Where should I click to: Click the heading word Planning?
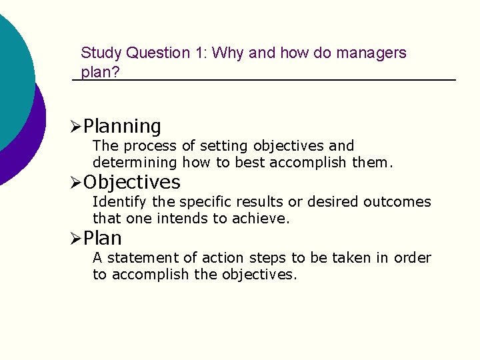(x=123, y=126)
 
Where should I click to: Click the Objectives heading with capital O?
(x=132, y=182)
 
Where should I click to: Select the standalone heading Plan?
(x=103, y=238)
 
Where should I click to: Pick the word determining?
(x=135, y=163)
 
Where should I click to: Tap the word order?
(x=413, y=258)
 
